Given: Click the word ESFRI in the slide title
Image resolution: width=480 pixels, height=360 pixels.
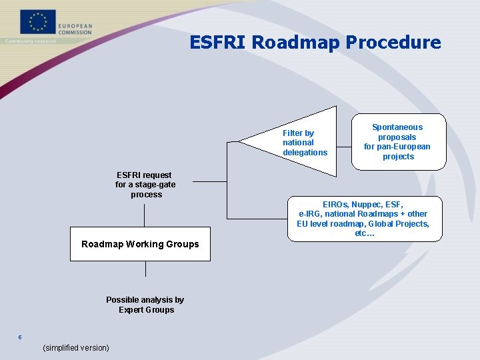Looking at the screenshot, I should point(218,43).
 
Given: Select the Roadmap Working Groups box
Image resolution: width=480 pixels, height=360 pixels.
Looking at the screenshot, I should point(140,244).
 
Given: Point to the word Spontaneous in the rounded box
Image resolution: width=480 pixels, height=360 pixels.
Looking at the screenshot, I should point(397,127).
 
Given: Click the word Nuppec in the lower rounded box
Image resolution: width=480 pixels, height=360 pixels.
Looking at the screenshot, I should point(367,204).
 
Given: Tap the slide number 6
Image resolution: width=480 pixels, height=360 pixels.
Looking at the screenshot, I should point(20,337).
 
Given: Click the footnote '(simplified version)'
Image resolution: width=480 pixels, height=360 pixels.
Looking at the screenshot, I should point(75,347).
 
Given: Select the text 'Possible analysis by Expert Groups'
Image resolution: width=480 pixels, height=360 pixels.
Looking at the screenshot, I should point(145,305).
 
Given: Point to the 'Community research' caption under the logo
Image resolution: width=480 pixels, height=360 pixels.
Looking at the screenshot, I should point(31,41).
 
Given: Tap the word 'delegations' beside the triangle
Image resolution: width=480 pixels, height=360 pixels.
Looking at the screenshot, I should point(305,153).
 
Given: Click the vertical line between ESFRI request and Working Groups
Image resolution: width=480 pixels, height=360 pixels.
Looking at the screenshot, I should point(145,215).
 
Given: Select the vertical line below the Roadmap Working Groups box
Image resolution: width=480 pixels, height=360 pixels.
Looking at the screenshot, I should point(145,269).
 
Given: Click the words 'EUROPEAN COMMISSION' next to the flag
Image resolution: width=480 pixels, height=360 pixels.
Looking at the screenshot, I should point(75,29).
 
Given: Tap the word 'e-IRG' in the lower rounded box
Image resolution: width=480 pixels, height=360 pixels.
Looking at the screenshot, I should point(311,214).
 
